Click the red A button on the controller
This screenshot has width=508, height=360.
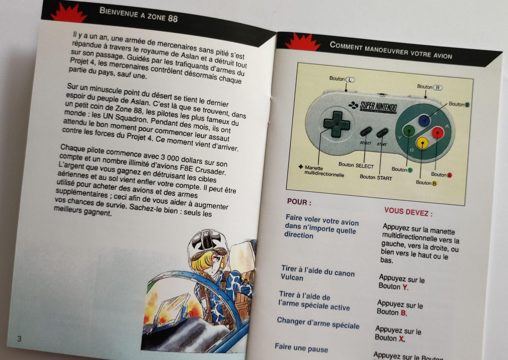pos(437,133)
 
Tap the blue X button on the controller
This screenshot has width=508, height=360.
pos(424,120)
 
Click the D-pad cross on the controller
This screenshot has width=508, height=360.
pos(336,124)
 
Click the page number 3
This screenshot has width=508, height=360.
pos(19,339)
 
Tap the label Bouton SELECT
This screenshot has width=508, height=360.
pos(356,165)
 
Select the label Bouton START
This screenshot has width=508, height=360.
pos(375,178)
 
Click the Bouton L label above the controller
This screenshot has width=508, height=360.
pos(342,79)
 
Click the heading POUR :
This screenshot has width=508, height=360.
pos(299,202)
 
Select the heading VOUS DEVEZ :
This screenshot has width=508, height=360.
pos(408,212)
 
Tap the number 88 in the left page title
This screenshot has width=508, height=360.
pos(173,18)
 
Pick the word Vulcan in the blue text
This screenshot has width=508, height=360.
pos(292,277)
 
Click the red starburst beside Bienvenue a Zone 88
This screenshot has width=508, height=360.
pos(69,12)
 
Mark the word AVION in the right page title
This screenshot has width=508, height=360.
pos(443,55)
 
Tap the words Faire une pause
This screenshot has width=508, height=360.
pos(301,348)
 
